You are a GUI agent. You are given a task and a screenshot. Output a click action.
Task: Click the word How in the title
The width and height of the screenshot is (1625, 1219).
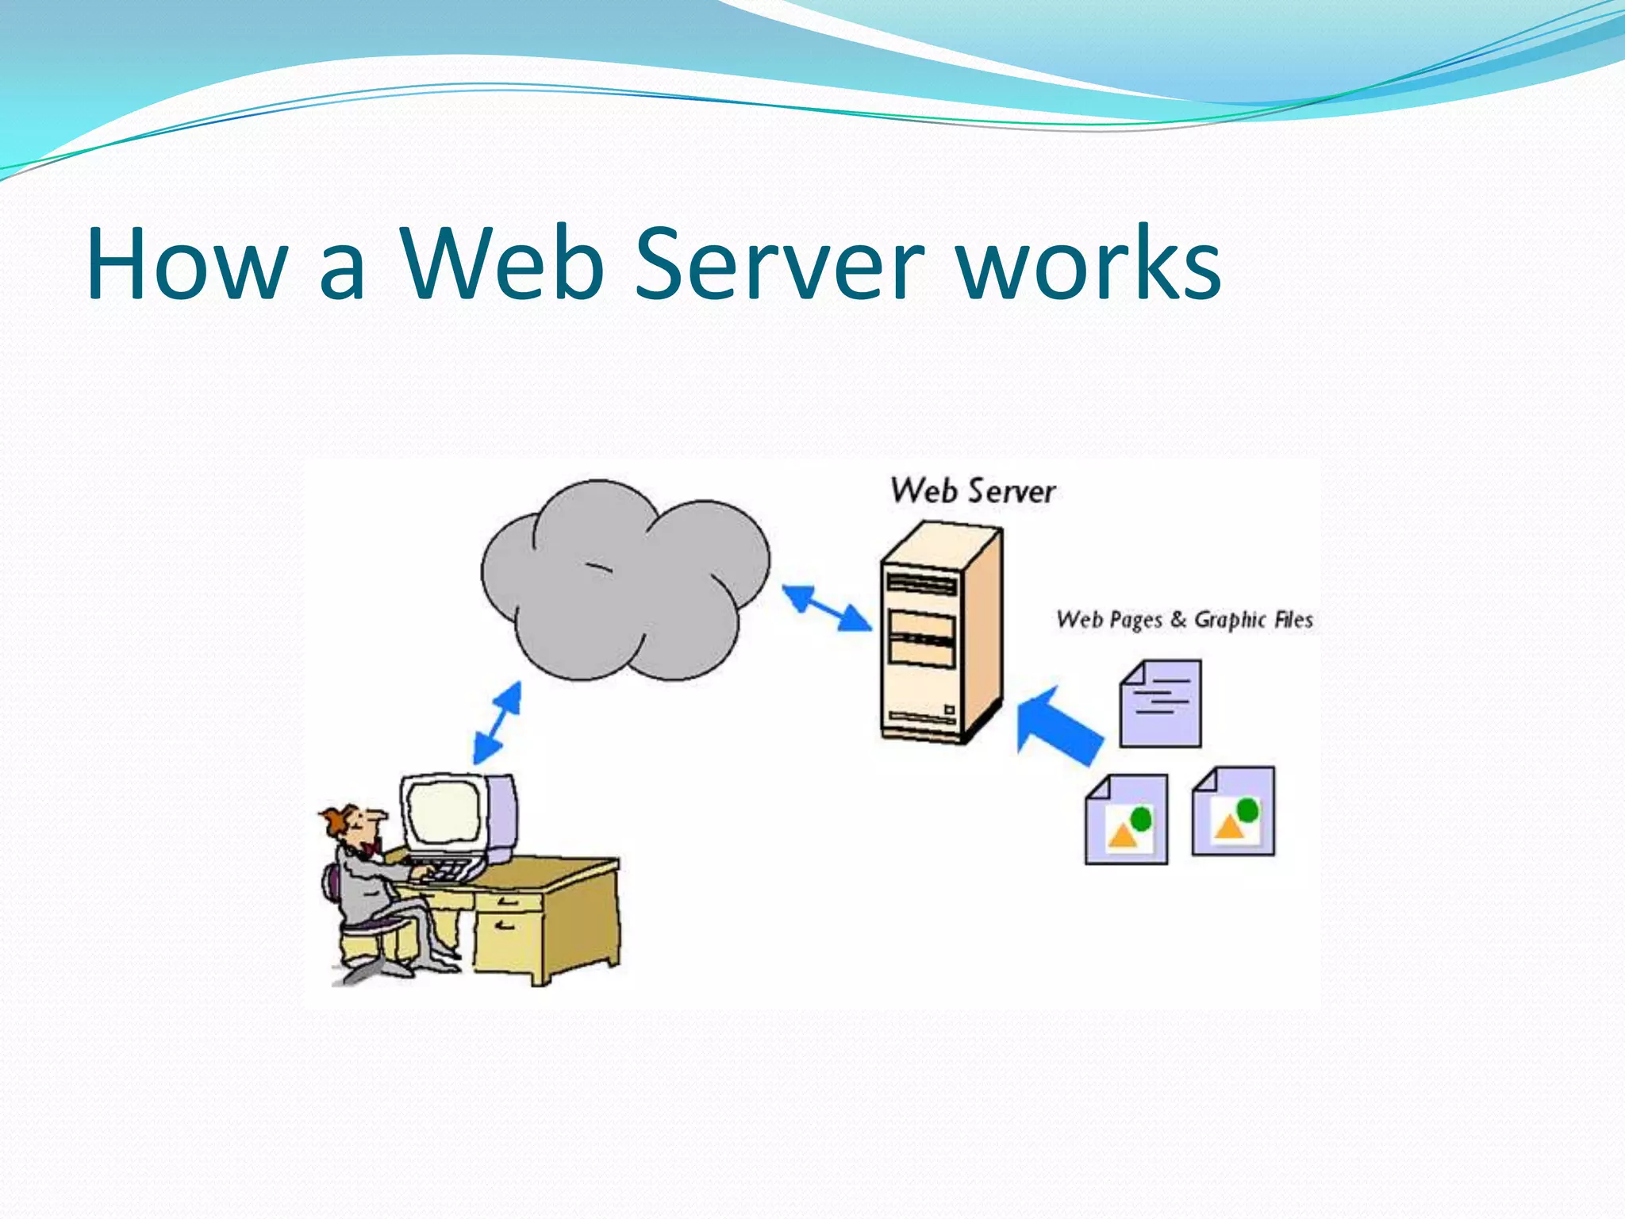pyautogui.click(x=187, y=263)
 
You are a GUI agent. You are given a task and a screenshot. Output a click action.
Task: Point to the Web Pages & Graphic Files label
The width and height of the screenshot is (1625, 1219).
pyautogui.click(x=1184, y=620)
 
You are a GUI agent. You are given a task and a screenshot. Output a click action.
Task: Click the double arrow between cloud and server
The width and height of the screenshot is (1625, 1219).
pyautogui.click(x=826, y=609)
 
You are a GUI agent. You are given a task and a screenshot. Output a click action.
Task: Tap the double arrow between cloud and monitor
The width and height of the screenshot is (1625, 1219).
pyautogui.click(x=497, y=723)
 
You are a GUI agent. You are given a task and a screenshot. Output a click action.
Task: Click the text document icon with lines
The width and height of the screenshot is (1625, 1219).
pyautogui.click(x=1161, y=704)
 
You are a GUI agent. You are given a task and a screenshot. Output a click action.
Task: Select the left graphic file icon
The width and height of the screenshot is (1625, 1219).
pyautogui.click(x=1127, y=820)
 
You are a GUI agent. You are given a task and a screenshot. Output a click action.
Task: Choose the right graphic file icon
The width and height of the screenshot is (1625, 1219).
pyautogui.click(x=1234, y=812)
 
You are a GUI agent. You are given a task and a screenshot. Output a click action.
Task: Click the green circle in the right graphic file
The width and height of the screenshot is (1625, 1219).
pyautogui.click(x=1247, y=809)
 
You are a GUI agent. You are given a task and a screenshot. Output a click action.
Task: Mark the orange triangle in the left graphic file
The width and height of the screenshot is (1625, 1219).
pyautogui.click(x=1122, y=835)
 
